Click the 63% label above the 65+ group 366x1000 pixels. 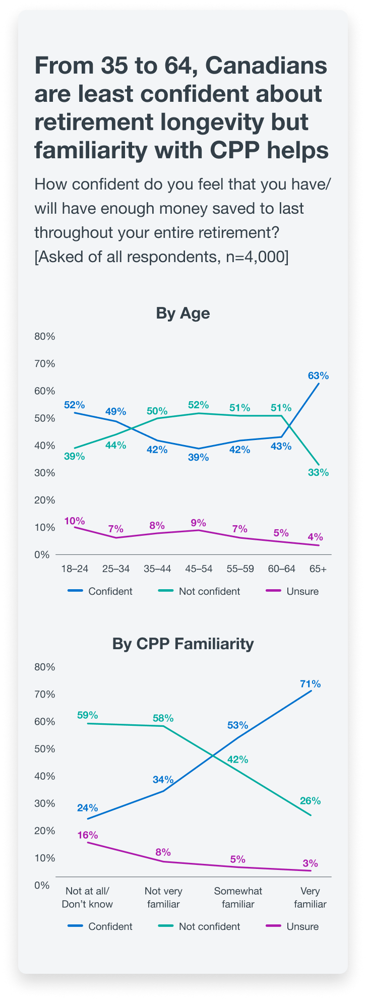coord(318,376)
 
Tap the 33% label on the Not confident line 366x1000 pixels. coord(318,472)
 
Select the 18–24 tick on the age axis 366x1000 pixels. coord(75,569)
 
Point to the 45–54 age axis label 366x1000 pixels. coord(198,569)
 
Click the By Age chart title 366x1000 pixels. coord(183,314)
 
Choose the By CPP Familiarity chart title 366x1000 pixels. coord(183,644)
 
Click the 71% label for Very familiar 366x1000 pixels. coord(310,684)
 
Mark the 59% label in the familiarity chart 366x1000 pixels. coord(87,715)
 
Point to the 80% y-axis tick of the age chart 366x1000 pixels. coord(45,336)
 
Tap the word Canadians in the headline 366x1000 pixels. coord(266,66)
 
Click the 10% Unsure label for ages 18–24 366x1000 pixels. coord(75,521)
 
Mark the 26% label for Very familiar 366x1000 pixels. coord(310,800)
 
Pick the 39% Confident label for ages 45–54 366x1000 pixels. coord(198,457)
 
